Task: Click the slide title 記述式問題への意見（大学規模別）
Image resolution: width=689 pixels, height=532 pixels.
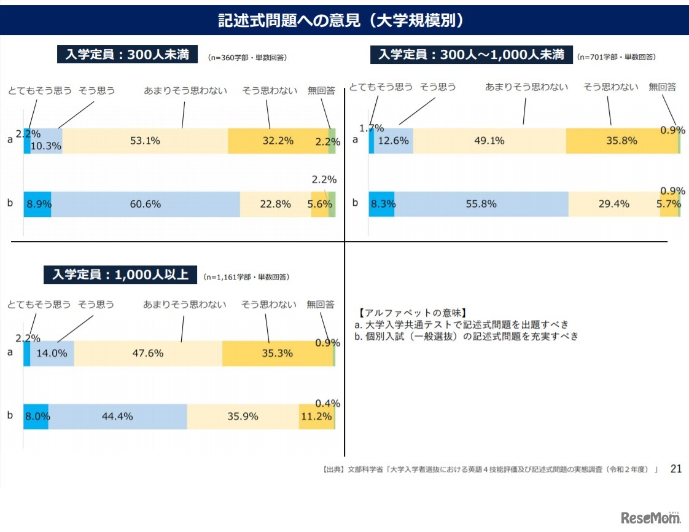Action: [x=344, y=21]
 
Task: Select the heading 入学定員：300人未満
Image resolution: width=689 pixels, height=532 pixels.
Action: [x=128, y=55]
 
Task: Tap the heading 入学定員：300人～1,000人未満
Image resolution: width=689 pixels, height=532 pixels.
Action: [x=471, y=55]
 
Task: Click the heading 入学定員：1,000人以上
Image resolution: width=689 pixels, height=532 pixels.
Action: [x=120, y=275]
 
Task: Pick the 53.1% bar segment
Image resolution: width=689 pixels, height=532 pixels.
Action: [x=145, y=141]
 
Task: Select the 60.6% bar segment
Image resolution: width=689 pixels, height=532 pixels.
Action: [x=145, y=204]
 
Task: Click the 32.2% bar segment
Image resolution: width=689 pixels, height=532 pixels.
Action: [x=278, y=141]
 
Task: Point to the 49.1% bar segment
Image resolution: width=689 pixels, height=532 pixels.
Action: [x=489, y=141]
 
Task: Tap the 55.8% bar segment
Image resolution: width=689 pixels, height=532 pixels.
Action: [x=481, y=204]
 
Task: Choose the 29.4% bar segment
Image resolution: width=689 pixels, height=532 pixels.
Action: [x=613, y=204]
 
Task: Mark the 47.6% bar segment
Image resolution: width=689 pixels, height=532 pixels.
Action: [x=147, y=353]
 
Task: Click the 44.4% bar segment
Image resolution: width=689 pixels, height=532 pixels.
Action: [x=117, y=416]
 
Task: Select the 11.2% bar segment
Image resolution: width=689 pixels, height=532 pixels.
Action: [x=316, y=416]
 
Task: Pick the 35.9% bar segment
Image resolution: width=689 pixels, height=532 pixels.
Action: [x=243, y=416]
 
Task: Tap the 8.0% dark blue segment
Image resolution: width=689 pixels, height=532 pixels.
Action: [x=36, y=416]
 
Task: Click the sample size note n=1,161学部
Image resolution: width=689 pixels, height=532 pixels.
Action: [x=246, y=277]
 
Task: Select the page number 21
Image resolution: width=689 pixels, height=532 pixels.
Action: [x=675, y=469]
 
